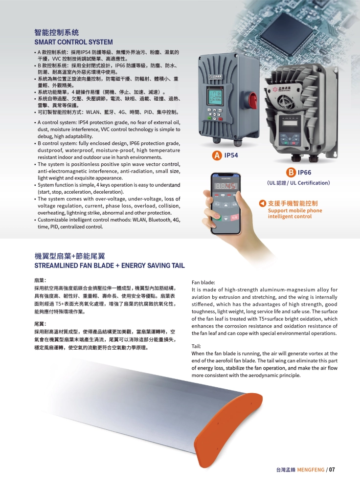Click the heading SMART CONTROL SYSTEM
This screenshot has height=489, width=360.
pos(74,42)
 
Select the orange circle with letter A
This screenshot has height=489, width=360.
pos(217,156)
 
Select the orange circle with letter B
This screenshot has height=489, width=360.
pos(291,173)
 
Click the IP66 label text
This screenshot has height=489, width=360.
pos(304,173)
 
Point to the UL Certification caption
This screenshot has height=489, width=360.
pos(298,183)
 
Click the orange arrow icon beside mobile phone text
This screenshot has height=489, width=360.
pos(262,203)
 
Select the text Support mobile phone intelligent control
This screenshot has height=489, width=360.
pos(295,213)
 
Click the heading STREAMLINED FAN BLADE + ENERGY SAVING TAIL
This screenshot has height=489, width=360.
pos(110,266)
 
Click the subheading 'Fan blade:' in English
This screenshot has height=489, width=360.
pos(203,283)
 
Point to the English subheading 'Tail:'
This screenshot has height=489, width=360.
pos(196,346)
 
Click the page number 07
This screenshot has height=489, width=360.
pos(332,469)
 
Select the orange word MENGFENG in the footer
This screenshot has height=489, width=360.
pos(311,469)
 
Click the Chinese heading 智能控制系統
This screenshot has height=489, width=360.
pos(56,32)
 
